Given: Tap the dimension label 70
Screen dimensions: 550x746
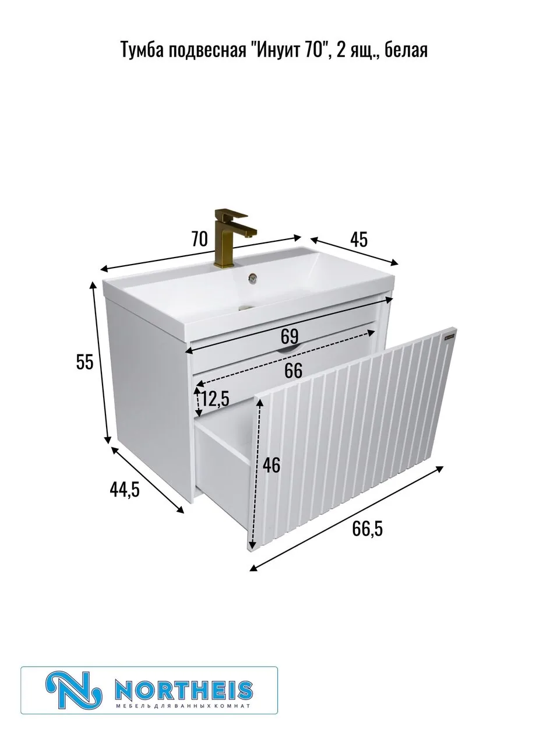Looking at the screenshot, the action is (x=200, y=238).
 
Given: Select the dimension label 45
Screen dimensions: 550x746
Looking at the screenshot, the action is (x=359, y=240).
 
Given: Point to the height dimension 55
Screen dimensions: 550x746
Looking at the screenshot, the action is (x=84, y=362).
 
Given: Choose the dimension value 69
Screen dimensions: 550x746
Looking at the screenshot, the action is (x=289, y=336).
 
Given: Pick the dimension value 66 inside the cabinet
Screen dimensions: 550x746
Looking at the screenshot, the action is (x=293, y=371).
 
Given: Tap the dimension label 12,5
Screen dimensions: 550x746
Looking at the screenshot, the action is (x=216, y=398).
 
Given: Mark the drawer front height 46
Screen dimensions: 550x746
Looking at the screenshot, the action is (x=272, y=465).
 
